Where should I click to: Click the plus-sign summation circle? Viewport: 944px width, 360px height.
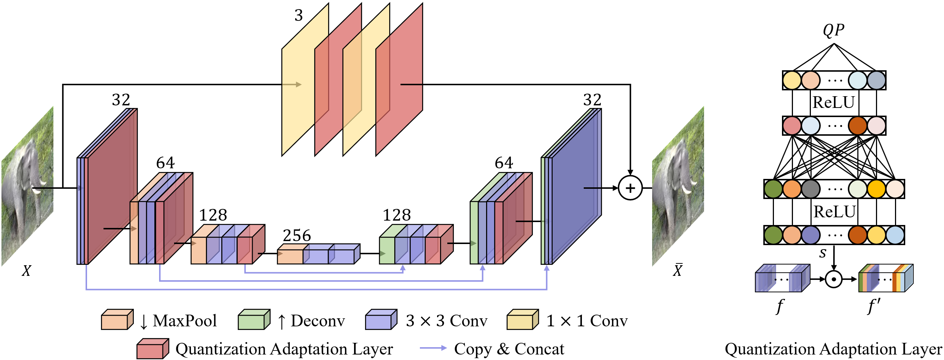point(630,188)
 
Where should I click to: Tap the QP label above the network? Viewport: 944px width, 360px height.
point(834,30)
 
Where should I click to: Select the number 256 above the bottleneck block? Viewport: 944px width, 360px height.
point(297,235)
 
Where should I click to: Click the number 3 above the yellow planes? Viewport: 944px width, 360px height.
point(299,15)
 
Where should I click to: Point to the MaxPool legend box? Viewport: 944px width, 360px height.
point(117,320)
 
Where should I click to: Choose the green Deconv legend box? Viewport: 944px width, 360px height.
point(254,320)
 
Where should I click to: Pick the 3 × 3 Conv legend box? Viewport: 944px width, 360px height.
point(381,320)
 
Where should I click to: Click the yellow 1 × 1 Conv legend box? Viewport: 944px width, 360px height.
point(523,320)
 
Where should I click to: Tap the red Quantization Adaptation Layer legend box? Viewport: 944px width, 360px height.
point(153,349)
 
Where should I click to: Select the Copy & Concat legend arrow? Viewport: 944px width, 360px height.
point(433,348)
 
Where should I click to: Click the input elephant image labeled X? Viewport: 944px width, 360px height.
point(27,186)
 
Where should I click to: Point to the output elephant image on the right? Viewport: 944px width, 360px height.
point(678,186)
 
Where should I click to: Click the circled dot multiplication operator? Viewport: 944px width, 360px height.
point(834,280)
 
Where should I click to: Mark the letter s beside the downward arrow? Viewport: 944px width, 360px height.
point(823,252)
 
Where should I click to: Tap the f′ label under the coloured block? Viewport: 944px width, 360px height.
point(874,307)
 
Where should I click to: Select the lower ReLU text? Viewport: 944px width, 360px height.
point(834,212)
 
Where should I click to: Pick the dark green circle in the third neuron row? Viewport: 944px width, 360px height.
point(774,189)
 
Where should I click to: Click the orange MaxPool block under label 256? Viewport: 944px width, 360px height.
point(290,254)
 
